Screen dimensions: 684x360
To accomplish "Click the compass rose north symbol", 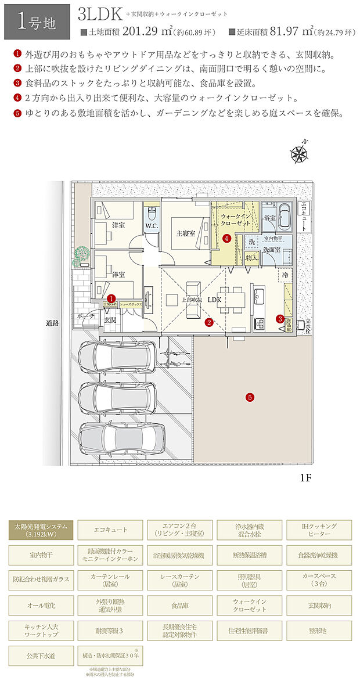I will click(300, 153).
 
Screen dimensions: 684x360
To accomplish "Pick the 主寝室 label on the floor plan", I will click(185, 233).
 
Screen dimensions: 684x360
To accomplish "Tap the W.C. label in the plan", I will click(152, 225).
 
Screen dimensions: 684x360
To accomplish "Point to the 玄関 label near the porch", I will click(110, 319).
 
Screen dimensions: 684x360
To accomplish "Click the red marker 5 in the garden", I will click(250, 398).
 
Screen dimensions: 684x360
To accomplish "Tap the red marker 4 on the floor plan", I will click(227, 238).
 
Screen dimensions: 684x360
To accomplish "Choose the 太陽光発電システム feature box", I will click(41, 530).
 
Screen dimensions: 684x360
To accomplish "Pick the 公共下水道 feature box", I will click(41, 656).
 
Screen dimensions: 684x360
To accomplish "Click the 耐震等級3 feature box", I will click(110, 629).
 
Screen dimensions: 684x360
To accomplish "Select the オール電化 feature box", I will click(41, 604).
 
